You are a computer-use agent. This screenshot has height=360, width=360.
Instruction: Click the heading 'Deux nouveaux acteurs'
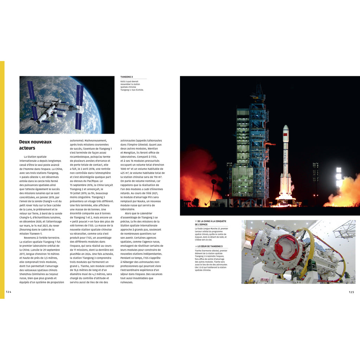[35, 145]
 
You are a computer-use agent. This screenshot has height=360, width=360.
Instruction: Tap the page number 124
[9, 292]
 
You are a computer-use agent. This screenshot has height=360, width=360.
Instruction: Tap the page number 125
[351, 292]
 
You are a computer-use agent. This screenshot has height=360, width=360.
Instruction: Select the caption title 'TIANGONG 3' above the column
[127, 77]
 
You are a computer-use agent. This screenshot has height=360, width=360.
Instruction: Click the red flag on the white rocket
[285, 135]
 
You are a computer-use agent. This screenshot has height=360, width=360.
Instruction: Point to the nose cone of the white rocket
[285, 128]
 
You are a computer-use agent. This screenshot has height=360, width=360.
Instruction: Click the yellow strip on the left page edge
[2, 179]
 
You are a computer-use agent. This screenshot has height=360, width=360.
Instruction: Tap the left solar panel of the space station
[33, 100]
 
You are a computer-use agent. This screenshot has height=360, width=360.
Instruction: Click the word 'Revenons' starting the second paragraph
[30, 238]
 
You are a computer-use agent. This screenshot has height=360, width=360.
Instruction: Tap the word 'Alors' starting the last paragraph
[129, 213]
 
